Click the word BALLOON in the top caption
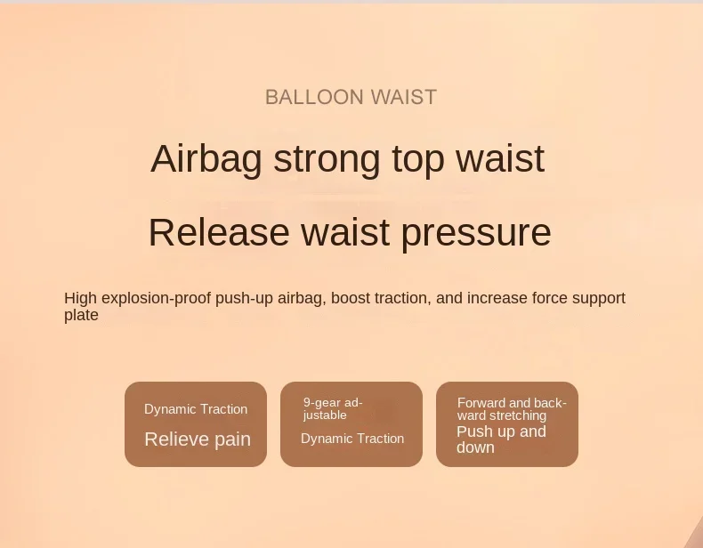314,97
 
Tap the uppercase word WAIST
404,97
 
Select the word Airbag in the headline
206,159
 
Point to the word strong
327,160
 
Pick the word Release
219,232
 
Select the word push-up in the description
244,299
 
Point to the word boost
350,298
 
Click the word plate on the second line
81,315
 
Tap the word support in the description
599,299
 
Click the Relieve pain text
198,439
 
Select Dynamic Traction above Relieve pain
196,409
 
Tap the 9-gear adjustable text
333,409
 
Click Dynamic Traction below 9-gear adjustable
352,439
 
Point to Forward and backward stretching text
512,409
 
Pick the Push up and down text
501,439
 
